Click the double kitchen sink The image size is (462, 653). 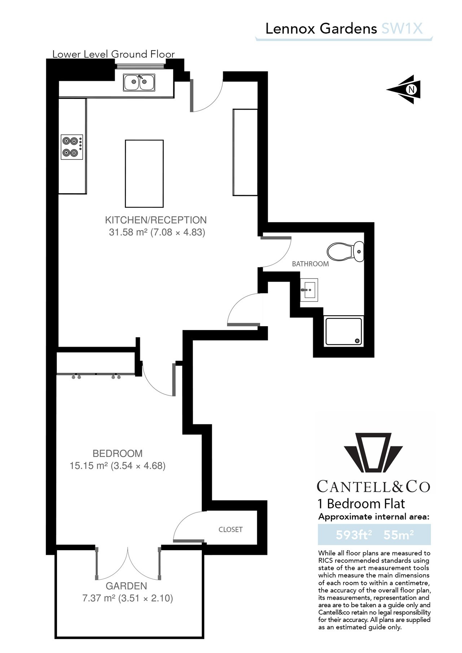click(x=139, y=83)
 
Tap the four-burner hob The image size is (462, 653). click(x=72, y=147)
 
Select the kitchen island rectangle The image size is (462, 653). click(x=144, y=174)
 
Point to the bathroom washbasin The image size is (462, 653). click(x=309, y=290)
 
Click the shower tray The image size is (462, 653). click(x=344, y=331)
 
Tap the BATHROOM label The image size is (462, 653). click(x=310, y=264)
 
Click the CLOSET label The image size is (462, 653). click(x=230, y=530)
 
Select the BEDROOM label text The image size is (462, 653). click(x=118, y=453)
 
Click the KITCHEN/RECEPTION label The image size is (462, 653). click(x=156, y=220)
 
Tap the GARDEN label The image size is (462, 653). click(x=126, y=586)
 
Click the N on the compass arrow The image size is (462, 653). click(x=411, y=89)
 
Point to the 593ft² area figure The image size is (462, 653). click(x=354, y=534)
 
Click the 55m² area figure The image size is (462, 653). click(x=398, y=534)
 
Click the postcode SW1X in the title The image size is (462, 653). click(x=402, y=29)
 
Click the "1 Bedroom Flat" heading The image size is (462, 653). click(x=361, y=504)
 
